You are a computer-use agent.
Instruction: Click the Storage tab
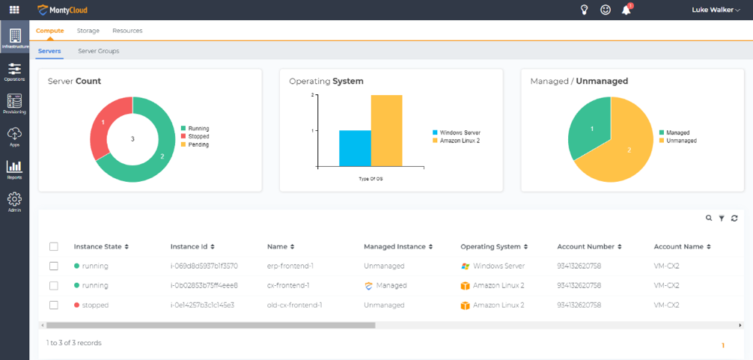tap(88, 31)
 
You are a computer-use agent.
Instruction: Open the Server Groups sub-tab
tap(98, 51)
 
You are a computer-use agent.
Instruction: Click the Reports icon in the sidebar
tap(14, 169)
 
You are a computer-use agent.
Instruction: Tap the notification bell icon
tap(627, 10)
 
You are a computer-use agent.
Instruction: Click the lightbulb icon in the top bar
tap(585, 10)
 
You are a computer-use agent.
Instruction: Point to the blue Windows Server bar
tap(355, 148)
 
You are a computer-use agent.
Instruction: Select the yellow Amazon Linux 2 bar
tap(386, 130)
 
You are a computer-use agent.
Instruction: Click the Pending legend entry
tap(198, 144)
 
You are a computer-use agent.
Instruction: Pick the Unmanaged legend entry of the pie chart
tap(680, 141)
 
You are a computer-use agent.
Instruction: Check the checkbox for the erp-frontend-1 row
tap(53, 266)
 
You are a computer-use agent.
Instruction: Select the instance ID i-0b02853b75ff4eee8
tap(204, 285)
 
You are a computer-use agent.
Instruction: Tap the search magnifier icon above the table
tap(709, 218)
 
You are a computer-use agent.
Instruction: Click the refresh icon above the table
tap(734, 218)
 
